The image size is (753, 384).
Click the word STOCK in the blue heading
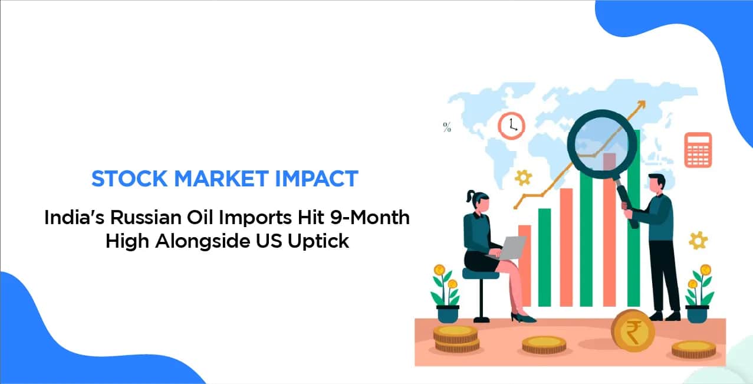coord(129,179)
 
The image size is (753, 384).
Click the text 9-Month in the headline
coord(370,218)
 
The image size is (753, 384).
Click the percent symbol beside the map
coord(447,127)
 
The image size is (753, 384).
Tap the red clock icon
coord(511,126)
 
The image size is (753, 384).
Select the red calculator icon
coord(698,150)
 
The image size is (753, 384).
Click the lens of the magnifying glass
coord(601,143)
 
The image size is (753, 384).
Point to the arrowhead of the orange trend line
coord(642,104)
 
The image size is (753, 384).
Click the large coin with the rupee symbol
coord(633,331)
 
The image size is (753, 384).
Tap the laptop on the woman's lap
coord(508,248)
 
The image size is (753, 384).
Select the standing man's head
coord(656,185)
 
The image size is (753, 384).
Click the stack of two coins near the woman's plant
coord(456,339)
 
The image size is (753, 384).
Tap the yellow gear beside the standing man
coord(698,241)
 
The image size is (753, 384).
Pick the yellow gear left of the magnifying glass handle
coord(523,178)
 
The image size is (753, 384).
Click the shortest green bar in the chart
coord(545,258)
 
